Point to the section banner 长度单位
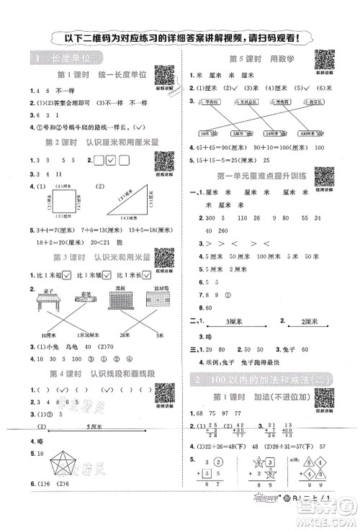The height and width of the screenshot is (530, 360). click(x=58, y=58)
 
